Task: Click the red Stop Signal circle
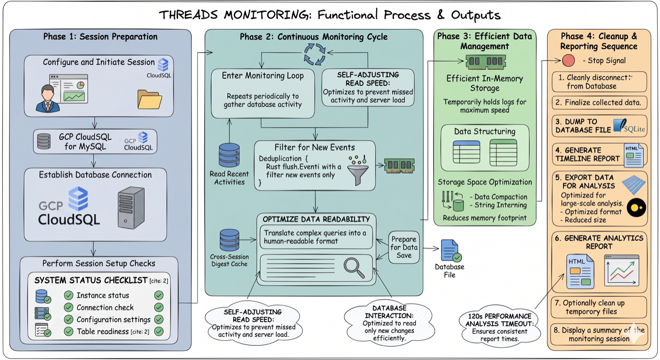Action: click(x=569, y=60)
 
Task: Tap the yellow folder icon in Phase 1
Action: click(x=149, y=99)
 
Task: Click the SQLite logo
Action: click(x=628, y=126)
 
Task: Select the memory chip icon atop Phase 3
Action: click(x=486, y=61)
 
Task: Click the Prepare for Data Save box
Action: click(x=404, y=247)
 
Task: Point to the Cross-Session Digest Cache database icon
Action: click(x=230, y=240)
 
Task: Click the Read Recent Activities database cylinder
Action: click(x=229, y=155)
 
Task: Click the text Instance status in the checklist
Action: click(x=103, y=295)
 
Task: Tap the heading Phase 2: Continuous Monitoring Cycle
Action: click(x=313, y=37)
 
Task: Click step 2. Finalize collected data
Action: click(x=600, y=102)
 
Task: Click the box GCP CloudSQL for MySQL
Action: click(x=95, y=141)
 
